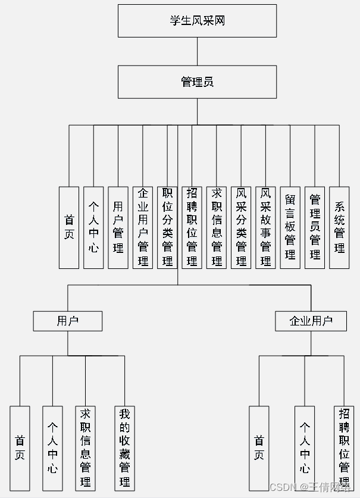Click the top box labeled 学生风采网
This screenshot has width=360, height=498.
[x=197, y=21]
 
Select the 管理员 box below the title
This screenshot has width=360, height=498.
[x=197, y=82]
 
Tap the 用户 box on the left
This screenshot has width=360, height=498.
[x=67, y=321]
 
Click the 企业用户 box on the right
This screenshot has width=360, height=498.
[x=311, y=321]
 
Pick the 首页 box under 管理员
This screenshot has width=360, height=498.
[x=69, y=227]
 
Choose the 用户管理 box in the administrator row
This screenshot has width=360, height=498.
[x=118, y=227]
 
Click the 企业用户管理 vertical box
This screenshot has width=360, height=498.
[x=143, y=227]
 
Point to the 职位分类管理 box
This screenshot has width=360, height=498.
[x=167, y=227]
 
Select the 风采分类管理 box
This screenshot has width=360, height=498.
[x=241, y=227]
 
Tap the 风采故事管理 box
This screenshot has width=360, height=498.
[x=265, y=227]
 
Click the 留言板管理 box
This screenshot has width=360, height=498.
[x=290, y=227]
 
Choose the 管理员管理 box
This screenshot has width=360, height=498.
[x=315, y=227]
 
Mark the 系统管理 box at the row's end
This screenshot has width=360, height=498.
[x=339, y=227]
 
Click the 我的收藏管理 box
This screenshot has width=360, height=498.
[x=124, y=447]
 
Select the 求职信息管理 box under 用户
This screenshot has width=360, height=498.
[x=85, y=447]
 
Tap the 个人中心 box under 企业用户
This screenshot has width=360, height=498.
[x=305, y=447]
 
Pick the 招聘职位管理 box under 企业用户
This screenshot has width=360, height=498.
[x=344, y=447]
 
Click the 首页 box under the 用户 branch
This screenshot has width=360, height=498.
[x=20, y=447]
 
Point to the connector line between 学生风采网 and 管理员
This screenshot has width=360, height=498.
[x=197, y=51]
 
